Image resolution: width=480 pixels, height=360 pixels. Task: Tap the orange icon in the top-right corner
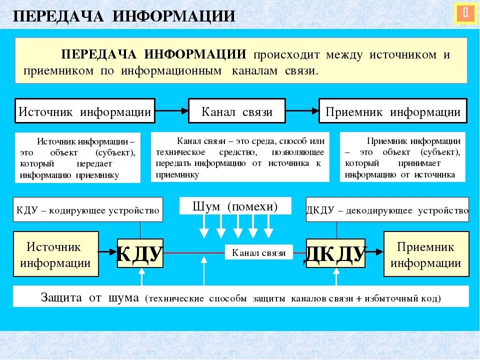click(x=465, y=14)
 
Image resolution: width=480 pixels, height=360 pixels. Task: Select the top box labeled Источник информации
click(x=84, y=111)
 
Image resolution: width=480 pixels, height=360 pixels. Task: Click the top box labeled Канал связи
click(x=237, y=111)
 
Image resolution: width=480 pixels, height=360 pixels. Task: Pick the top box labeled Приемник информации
click(x=393, y=111)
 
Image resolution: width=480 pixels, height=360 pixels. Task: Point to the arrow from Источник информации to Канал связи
click(x=171, y=111)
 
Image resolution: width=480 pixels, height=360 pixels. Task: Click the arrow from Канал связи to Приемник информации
click(x=302, y=111)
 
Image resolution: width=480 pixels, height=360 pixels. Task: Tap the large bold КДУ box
click(x=140, y=253)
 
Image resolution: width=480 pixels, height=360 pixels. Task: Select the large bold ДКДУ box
click(x=336, y=253)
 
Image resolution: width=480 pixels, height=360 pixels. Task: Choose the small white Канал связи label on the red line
click(x=258, y=252)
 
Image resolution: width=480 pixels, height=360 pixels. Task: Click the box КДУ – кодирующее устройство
click(x=88, y=210)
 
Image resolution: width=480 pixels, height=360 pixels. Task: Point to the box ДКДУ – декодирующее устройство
click(x=387, y=210)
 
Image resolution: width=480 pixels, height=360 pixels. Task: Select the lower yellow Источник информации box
click(x=56, y=254)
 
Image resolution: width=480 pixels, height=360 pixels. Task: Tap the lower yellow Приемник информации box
click(x=426, y=254)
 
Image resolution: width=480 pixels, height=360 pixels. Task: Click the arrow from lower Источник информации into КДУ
click(x=108, y=253)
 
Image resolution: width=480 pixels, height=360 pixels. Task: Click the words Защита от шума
click(x=89, y=298)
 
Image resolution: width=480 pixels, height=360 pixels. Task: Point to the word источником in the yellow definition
click(x=403, y=55)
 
